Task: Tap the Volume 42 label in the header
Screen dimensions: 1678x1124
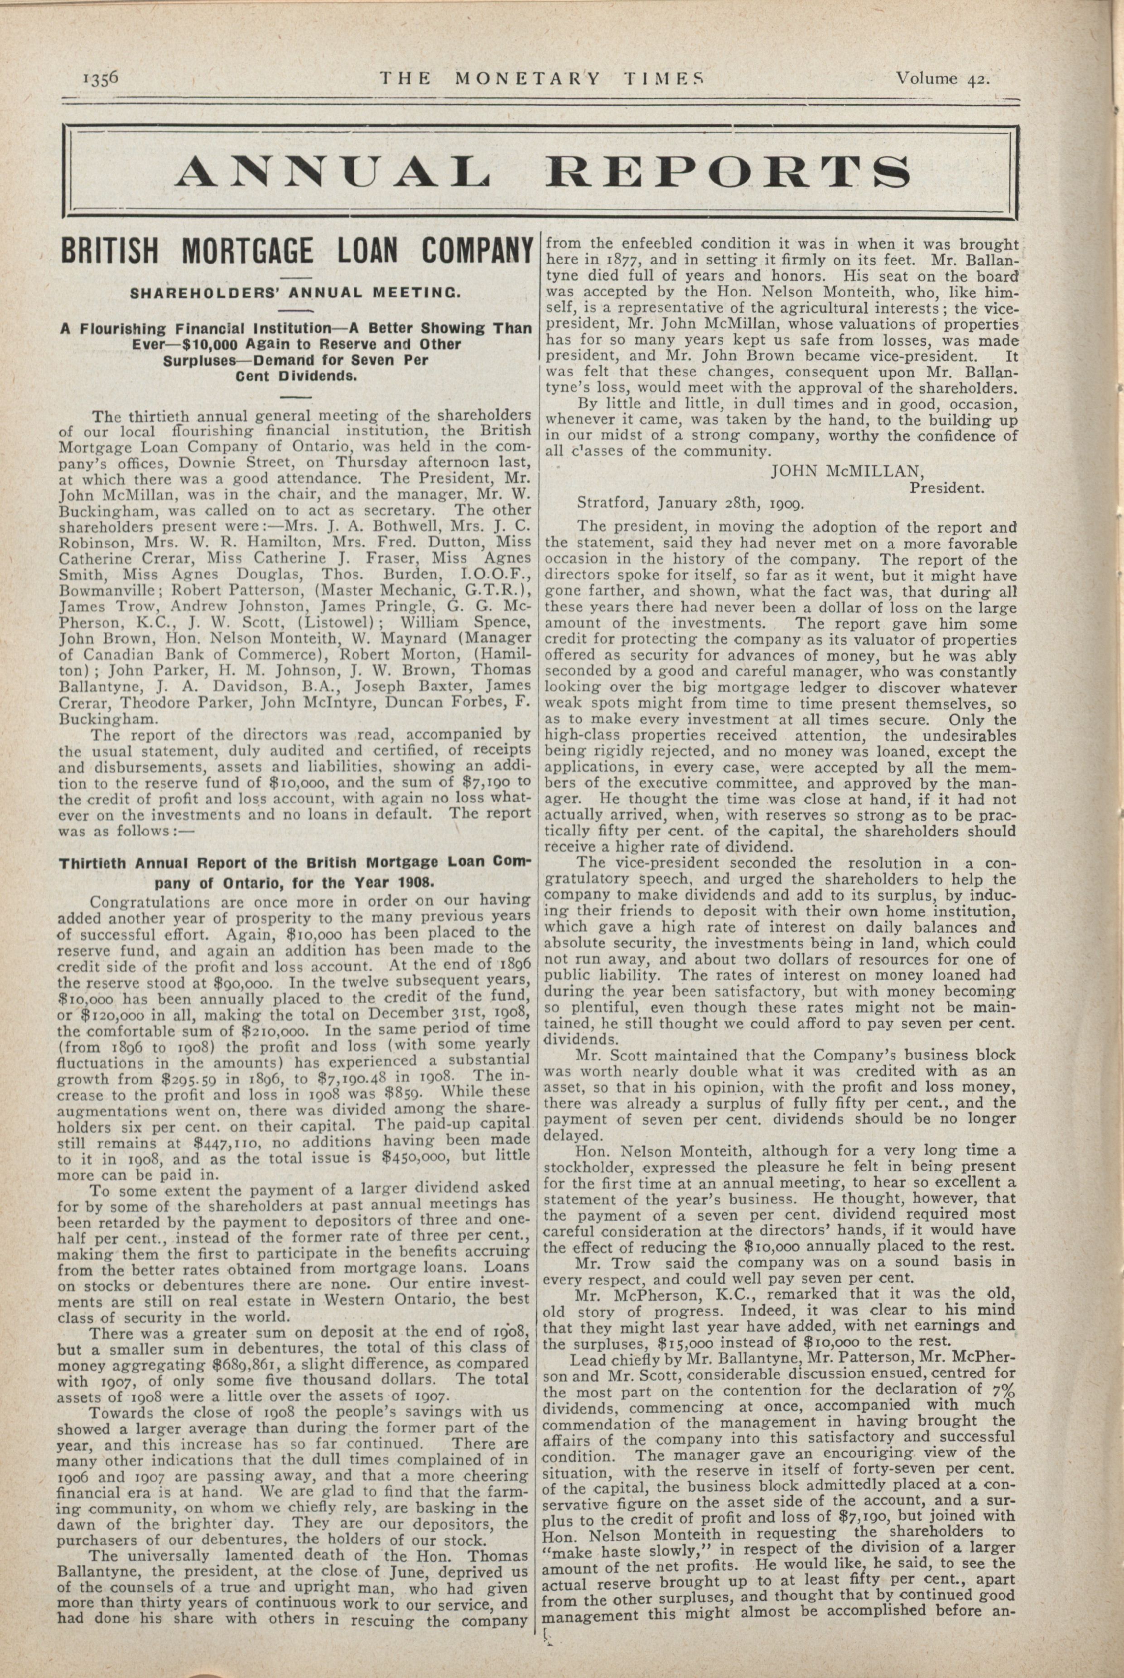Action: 942,78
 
